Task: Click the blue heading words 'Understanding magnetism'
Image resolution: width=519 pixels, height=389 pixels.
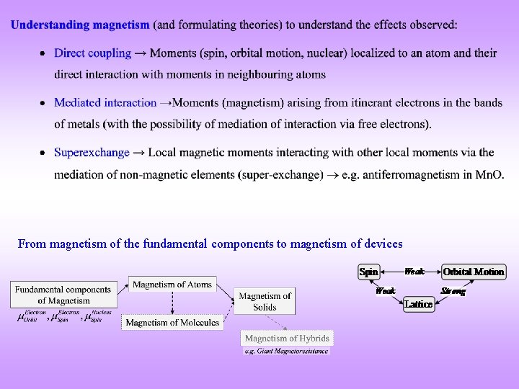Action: (x=80, y=24)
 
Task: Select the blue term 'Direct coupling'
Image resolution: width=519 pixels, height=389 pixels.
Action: (x=93, y=53)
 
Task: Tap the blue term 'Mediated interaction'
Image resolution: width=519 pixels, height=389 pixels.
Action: (x=105, y=103)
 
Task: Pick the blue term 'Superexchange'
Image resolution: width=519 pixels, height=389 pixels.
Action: (x=92, y=153)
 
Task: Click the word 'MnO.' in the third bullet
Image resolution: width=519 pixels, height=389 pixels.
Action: (x=489, y=174)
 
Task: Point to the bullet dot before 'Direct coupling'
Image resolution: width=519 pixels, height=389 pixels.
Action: (x=43, y=54)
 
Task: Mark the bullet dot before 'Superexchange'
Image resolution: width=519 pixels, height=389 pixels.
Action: (x=43, y=153)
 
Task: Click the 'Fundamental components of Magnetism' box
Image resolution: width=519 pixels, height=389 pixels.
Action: (x=64, y=295)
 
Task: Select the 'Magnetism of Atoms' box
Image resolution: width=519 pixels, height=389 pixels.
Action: (x=172, y=285)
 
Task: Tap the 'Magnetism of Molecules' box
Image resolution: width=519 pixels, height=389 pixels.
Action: (x=172, y=323)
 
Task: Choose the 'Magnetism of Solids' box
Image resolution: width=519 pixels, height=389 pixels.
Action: (x=265, y=301)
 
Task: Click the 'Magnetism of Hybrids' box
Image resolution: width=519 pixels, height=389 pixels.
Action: (x=287, y=338)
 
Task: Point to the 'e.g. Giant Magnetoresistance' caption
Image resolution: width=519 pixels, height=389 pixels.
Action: (x=287, y=351)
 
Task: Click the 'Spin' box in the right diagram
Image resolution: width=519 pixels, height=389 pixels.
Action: (x=369, y=272)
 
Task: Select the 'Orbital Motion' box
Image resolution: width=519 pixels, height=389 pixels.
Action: (x=474, y=272)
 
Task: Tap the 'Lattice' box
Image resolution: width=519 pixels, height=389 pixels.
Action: (x=419, y=304)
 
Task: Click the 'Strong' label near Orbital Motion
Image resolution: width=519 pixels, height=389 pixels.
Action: (x=453, y=291)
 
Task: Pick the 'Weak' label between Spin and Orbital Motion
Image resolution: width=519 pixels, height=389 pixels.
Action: (x=414, y=272)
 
